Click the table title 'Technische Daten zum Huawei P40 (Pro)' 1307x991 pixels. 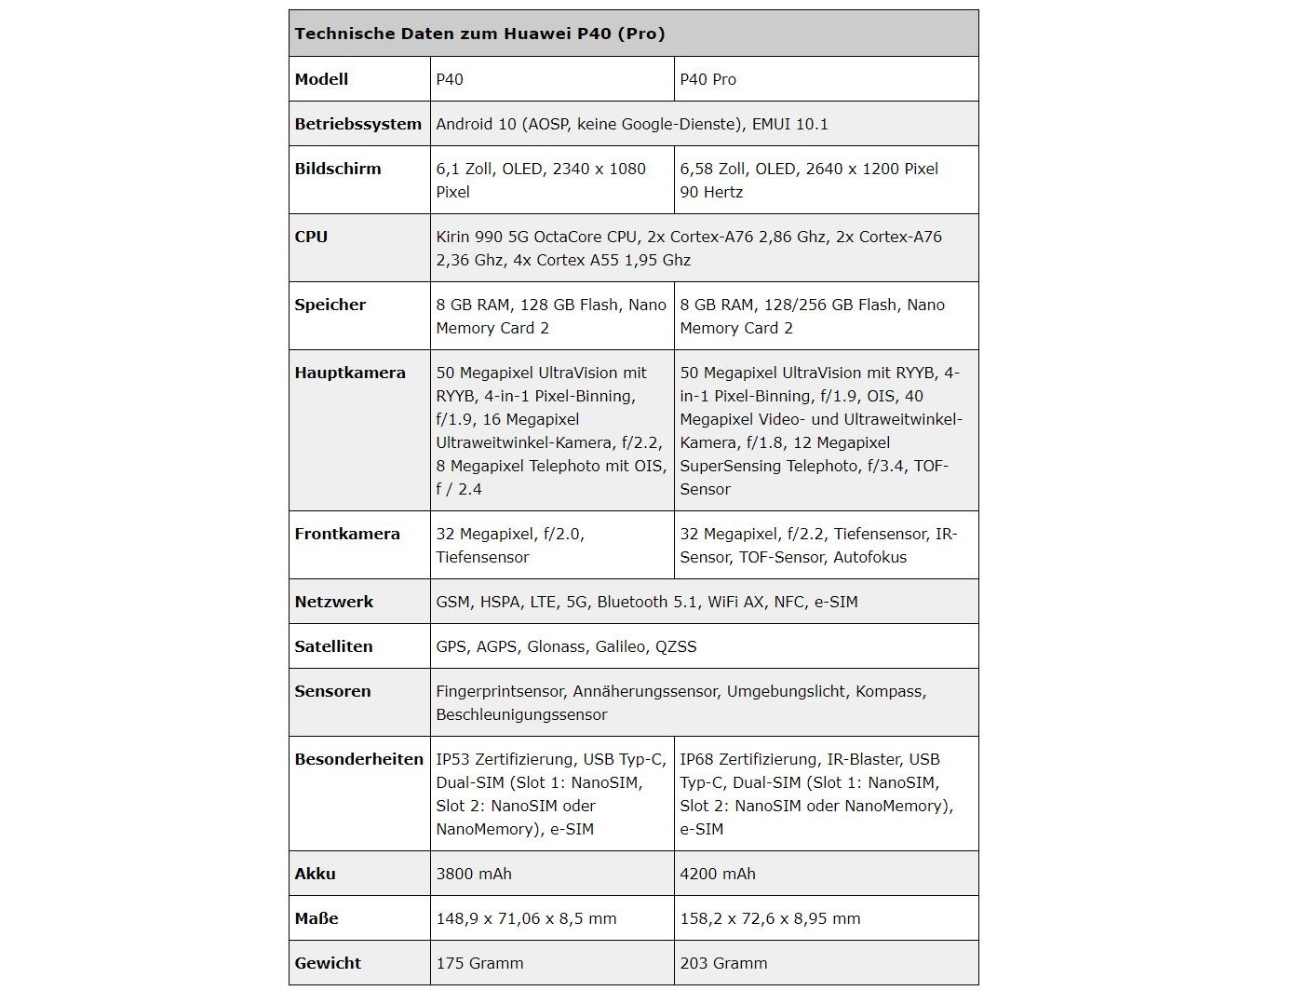(479, 34)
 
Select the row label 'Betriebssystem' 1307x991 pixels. (357, 124)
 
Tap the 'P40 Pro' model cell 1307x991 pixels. (707, 79)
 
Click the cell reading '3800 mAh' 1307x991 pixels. (474, 874)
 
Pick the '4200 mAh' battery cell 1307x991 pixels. (718, 874)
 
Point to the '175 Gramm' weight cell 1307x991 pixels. (479, 963)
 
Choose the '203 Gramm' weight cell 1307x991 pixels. (723, 963)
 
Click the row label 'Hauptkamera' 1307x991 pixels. (350, 373)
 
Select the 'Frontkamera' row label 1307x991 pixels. (347, 534)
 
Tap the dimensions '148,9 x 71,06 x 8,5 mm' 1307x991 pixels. (526, 918)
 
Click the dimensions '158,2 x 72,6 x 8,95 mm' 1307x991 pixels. (770, 918)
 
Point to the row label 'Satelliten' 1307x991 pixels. (333, 646)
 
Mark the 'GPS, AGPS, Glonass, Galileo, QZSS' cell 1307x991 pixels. (566, 646)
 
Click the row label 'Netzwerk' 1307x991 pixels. (333, 602)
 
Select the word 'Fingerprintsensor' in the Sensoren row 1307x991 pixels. (500, 691)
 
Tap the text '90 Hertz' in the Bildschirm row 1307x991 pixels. (711, 192)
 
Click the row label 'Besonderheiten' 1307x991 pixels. (358, 759)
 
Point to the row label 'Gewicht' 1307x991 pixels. (328, 963)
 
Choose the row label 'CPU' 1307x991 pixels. (311, 237)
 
